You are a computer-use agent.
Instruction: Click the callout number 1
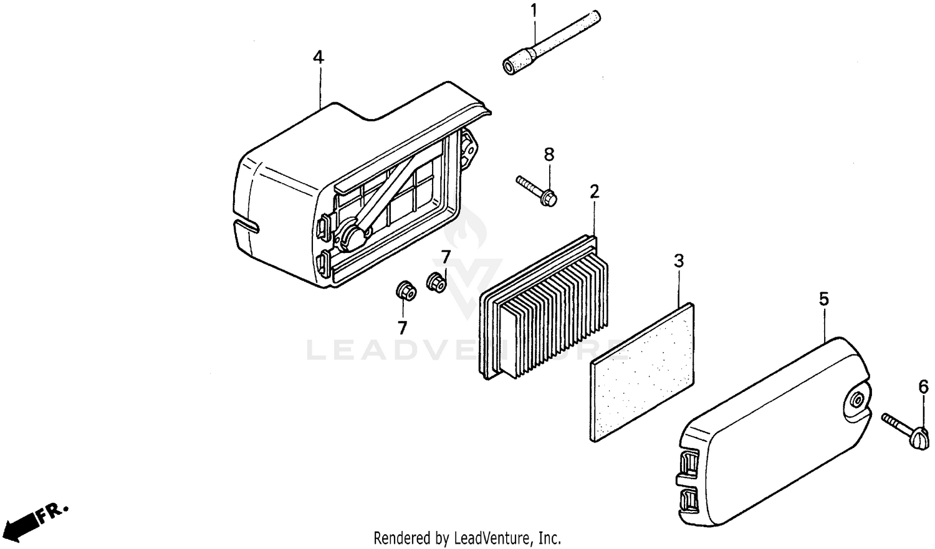[534, 11]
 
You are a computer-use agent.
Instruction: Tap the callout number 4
[319, 58]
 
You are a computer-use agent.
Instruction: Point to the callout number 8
[549, 155]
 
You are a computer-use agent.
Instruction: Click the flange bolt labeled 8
[537, 190]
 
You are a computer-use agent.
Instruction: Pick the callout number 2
[595, 191]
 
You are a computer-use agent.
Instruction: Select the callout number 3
[679, 261]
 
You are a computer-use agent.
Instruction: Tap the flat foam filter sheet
[642, 372]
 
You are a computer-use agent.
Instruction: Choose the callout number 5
[823, 300]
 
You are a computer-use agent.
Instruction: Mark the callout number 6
[923, 387]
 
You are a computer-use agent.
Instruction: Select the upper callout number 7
[446, 257]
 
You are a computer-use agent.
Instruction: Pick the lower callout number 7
[402, 327]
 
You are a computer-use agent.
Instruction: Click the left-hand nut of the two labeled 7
[405, 290]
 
